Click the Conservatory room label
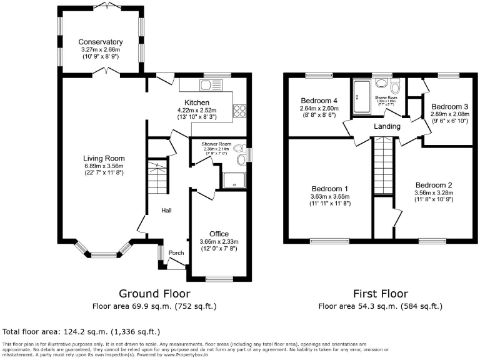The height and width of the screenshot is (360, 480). (100, 42)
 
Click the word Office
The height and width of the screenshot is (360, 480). (219, 234)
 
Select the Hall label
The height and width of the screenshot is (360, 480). (167, 211)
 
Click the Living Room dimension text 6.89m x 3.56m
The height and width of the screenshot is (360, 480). (104, 166)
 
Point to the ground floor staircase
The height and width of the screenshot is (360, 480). (158, 177)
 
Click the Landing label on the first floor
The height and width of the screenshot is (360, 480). (387, 126)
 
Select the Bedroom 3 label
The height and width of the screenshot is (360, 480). (449, 107)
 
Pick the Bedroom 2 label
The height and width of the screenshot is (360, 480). (434, 185)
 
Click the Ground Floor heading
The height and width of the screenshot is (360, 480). (155, 293)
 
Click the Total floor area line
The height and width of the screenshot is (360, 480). (81, 331)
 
